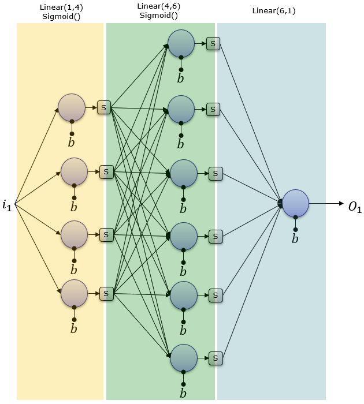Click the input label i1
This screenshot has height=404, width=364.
(7, 205)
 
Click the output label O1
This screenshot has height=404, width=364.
(354, 208)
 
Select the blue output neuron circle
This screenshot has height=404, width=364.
(295, 203)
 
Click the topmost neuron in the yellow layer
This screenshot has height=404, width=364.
(72, 107)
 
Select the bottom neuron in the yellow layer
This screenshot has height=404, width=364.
(74, 293)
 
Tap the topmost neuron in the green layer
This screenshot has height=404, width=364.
(181, 43)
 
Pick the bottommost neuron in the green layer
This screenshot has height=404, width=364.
(184, 358)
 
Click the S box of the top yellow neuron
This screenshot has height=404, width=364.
(104, 107)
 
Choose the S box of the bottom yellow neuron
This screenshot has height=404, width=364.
(106, 293)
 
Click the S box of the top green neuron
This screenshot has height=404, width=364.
(213, 43)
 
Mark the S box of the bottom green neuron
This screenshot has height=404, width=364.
(216, 358)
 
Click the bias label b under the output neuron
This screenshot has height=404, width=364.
(295, 238)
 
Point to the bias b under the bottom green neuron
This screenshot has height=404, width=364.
(184, 394)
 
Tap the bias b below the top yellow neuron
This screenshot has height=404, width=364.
(72, 142)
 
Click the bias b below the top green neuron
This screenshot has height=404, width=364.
(181, 78)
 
